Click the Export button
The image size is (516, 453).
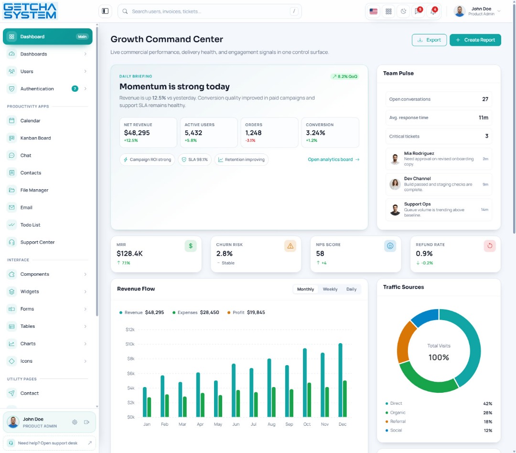[x=429, y=40]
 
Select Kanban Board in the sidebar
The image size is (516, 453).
[x=35, y=138]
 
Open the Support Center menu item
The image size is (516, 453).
[x=37, y=242]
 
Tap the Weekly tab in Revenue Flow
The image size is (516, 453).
[x=330, y=289]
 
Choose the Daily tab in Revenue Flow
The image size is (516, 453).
[x=351, y=289]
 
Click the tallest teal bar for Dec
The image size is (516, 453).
[x=340, y=380]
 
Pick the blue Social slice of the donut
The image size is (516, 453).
[x=425, y=316]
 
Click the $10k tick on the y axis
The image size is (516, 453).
[x=130, y=344]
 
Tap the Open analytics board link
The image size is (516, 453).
[x=333, y=159]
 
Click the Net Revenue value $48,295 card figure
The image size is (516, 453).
[x=137, y=133]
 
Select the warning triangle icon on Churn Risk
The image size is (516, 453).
[x=290, y=246]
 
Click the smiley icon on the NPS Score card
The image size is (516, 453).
[x=390, y=246]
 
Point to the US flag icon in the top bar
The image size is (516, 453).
[x=374, y=11]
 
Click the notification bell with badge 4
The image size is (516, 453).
[x=433, y=11]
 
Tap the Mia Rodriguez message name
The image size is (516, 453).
[x=419, y=153]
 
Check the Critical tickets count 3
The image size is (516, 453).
[x=487, y=136]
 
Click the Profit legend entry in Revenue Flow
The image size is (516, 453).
[x=246, y=313]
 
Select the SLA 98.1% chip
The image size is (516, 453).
[x=194, y=160]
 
